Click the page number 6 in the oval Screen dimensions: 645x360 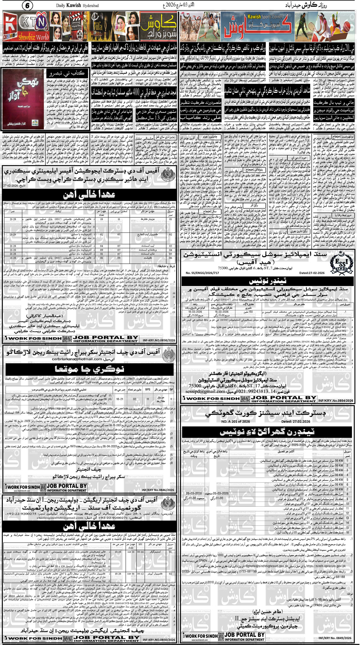[x=27, y=6]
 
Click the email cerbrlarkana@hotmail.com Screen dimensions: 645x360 [x=77, y=359]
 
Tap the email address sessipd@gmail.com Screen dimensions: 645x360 [x=205, y=391]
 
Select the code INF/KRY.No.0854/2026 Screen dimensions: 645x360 [x=335, y=400]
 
